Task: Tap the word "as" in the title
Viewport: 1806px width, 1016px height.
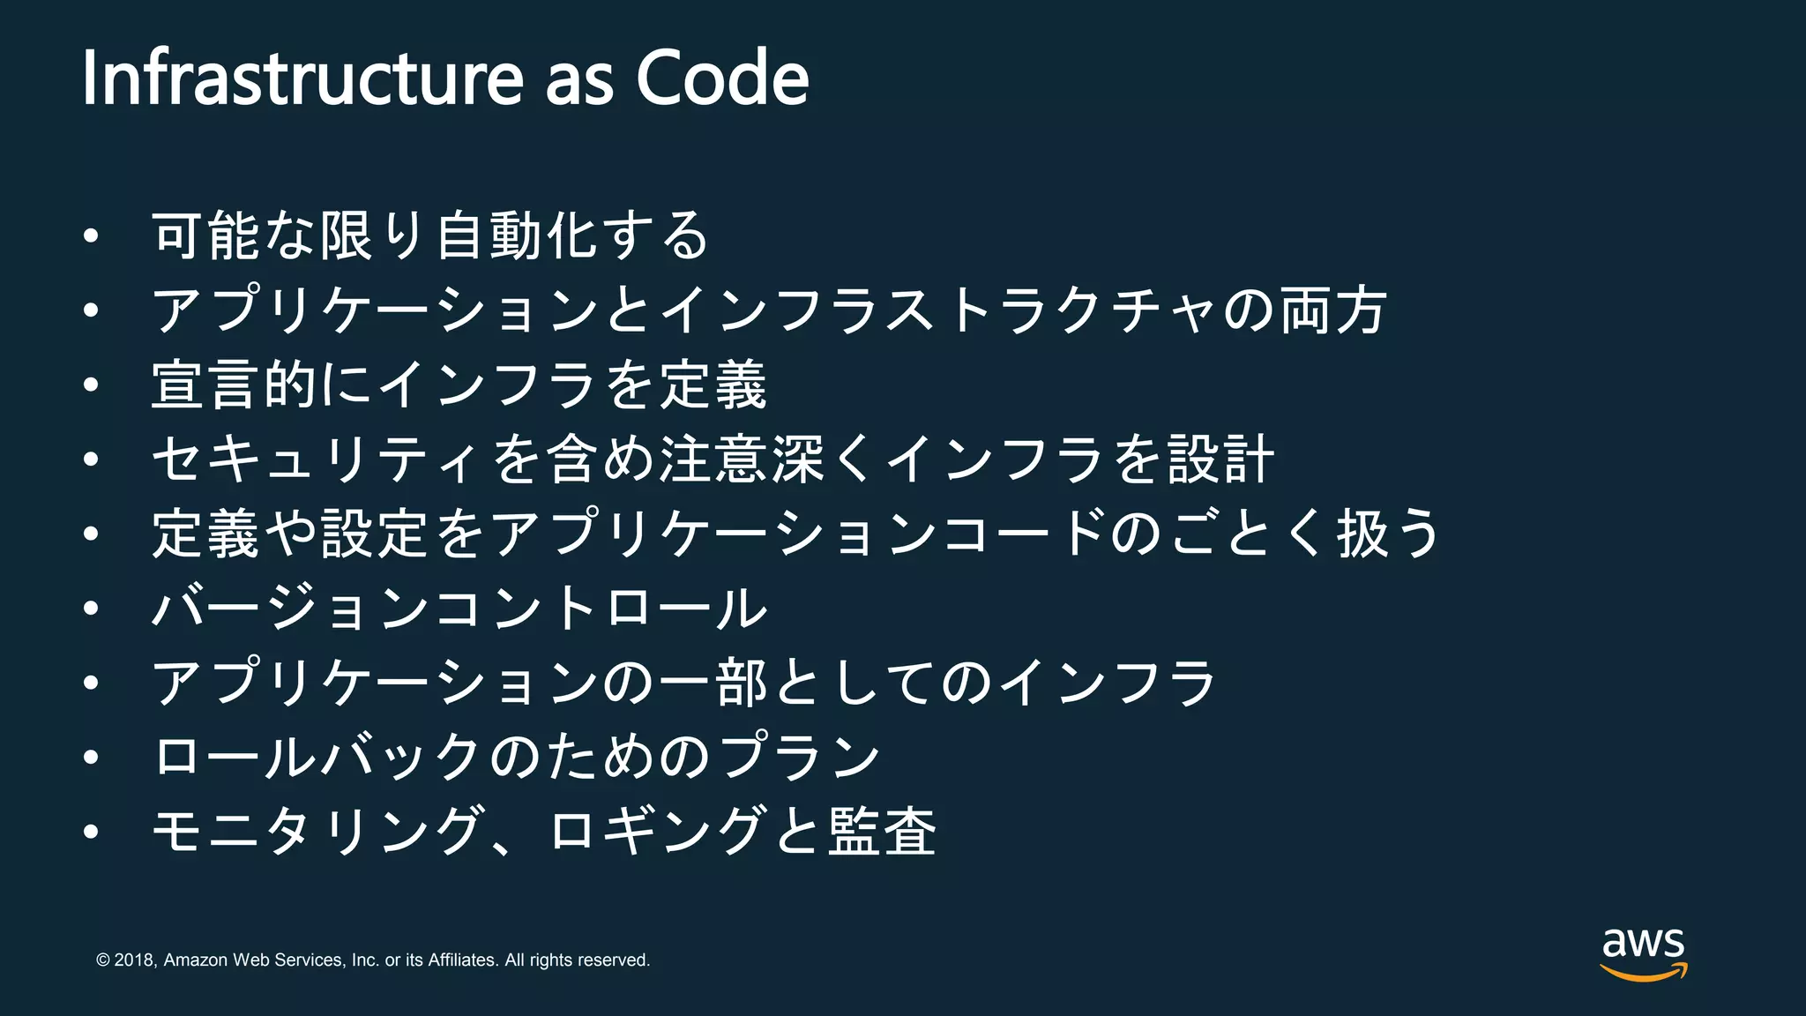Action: [x=578, y=79]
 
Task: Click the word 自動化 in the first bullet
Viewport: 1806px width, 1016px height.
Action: [x=519, y=235]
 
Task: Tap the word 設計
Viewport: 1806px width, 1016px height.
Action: [x=1221, y=459]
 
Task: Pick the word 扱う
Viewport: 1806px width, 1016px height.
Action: [x=1388, y=534]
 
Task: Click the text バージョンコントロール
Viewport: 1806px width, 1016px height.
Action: [x=459, y=608]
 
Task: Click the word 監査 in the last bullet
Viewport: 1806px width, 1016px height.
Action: [x=882, y=831]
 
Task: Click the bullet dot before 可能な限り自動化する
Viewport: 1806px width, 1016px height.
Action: [x=91, y=236]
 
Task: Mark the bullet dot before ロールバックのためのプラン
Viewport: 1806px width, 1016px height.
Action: [x=91, y=758]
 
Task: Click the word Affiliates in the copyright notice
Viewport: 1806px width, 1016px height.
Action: [x=463, y=960]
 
